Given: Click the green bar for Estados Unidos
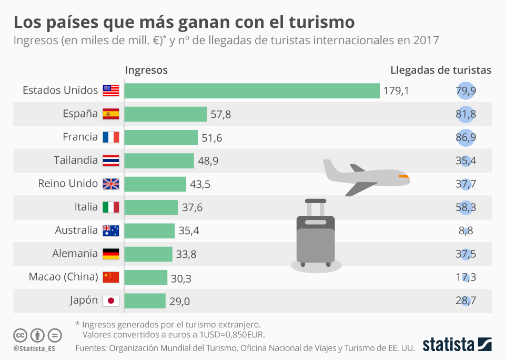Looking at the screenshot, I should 252,91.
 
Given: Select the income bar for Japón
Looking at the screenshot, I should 145,301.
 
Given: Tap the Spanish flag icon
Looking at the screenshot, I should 111,114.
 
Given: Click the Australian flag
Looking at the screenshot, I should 111,231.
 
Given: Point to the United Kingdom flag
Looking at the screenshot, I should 111,184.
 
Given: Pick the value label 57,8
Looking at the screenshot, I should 220,114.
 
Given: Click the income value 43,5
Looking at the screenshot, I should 200,184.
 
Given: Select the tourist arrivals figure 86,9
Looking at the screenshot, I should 466,137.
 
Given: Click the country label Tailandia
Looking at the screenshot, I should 76,160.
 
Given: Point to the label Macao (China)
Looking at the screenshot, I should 63,277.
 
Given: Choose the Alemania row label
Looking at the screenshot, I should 75,254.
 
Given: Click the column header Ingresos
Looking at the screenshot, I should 146,70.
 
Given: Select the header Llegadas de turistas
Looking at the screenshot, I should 441,70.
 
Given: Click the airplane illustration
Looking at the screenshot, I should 366,177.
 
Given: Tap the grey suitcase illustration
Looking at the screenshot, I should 315,234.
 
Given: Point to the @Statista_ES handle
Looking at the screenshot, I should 34,348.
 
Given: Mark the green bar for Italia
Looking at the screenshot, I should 151,207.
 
